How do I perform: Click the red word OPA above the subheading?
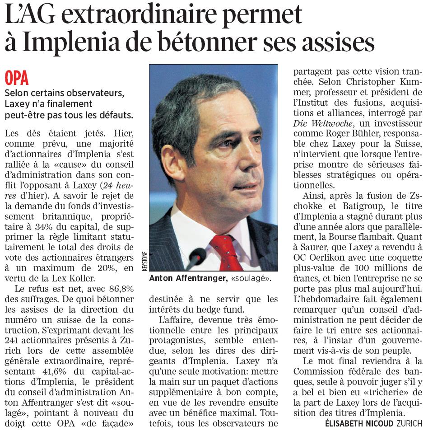coord(17,78)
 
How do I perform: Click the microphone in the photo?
coord(197,258)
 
